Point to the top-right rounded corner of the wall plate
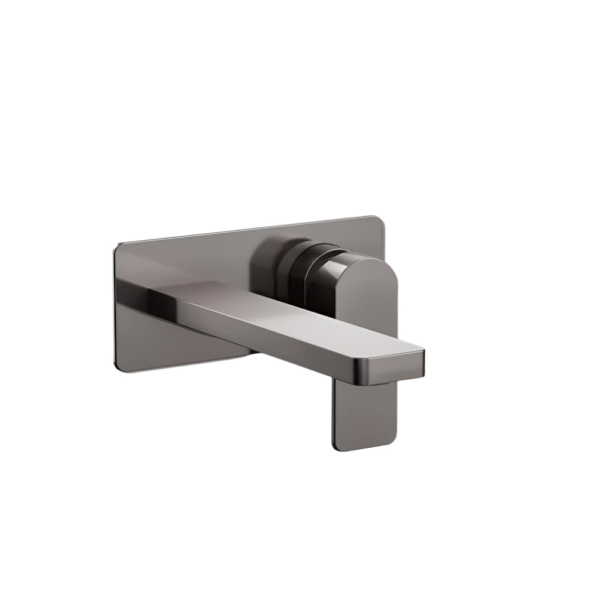tap(378, 220)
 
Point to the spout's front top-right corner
tap(422, 351)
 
